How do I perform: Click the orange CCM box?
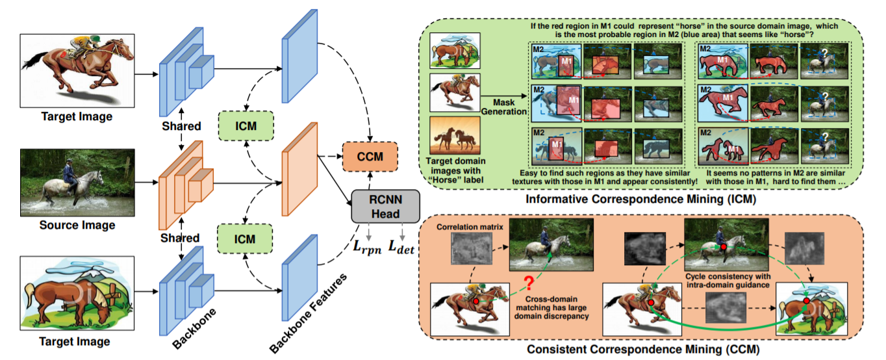(x=370, y=157)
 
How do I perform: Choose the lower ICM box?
(x=246, y=239)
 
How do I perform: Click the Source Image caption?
(x=77, y=225)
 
